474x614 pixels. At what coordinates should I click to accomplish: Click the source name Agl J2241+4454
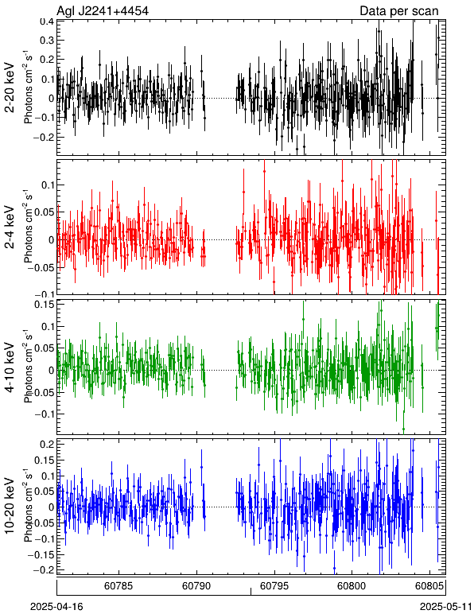[103, 11]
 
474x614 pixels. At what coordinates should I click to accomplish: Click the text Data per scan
[399, 11]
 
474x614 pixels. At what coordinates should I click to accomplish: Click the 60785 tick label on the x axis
[118, 586]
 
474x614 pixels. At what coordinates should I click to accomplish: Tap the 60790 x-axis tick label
[196, 586]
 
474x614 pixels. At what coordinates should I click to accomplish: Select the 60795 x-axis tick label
[274, 586]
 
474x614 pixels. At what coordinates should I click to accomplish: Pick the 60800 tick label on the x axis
[352, 586]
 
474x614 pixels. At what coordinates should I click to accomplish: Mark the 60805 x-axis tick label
[429, 586]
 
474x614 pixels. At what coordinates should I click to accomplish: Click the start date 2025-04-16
[56, 607]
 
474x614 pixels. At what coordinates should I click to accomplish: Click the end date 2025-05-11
[446, 607]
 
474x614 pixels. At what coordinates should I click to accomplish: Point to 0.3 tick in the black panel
[47, 41]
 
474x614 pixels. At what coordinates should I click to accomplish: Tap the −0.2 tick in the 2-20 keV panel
[43, 138]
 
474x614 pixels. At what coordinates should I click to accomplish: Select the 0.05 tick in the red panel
[45, 212]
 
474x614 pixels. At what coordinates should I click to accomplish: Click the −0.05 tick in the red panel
[41, 268]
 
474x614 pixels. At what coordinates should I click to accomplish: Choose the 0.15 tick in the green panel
[45, 305]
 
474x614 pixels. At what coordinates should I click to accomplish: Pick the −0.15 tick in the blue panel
[41, 555]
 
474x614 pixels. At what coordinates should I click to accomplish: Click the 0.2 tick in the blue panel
[47, 445]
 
